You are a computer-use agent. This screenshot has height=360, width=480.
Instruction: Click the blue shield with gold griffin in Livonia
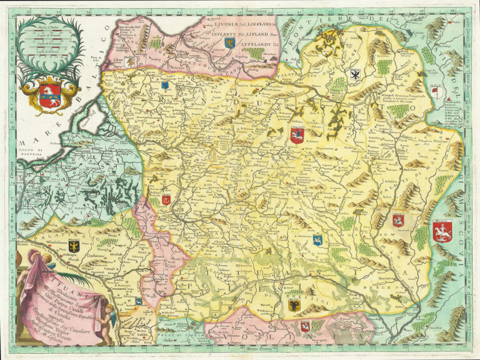(229, 42)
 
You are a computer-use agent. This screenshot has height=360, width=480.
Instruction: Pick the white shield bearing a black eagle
(355, 74)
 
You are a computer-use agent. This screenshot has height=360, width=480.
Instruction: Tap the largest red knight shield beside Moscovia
(442, 231)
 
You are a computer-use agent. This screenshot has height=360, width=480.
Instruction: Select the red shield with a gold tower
(166, 200)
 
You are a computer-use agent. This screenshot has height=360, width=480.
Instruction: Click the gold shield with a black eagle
(74, 246)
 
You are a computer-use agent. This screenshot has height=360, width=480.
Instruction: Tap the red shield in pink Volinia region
(305, 326)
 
